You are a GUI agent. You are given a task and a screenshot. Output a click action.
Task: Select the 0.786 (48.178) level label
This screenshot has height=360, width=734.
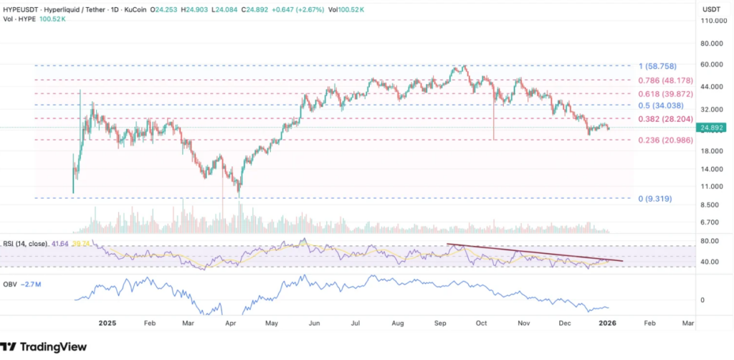pos(665,80)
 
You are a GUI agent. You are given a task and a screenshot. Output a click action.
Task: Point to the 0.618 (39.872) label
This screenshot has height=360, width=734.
pos(665,94)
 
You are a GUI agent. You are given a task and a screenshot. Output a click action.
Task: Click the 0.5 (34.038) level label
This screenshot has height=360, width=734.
pos(662,105)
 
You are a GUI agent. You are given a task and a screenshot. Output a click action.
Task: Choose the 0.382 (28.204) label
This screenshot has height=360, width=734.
pos(665,119)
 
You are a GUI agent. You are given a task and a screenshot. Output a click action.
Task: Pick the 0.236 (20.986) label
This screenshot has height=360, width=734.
pos(665,141)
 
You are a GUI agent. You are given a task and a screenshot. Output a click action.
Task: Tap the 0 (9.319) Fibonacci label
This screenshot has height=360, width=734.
pos(654,198)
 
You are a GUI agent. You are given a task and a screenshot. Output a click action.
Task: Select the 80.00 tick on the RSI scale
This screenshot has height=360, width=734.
pos(710,241)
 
